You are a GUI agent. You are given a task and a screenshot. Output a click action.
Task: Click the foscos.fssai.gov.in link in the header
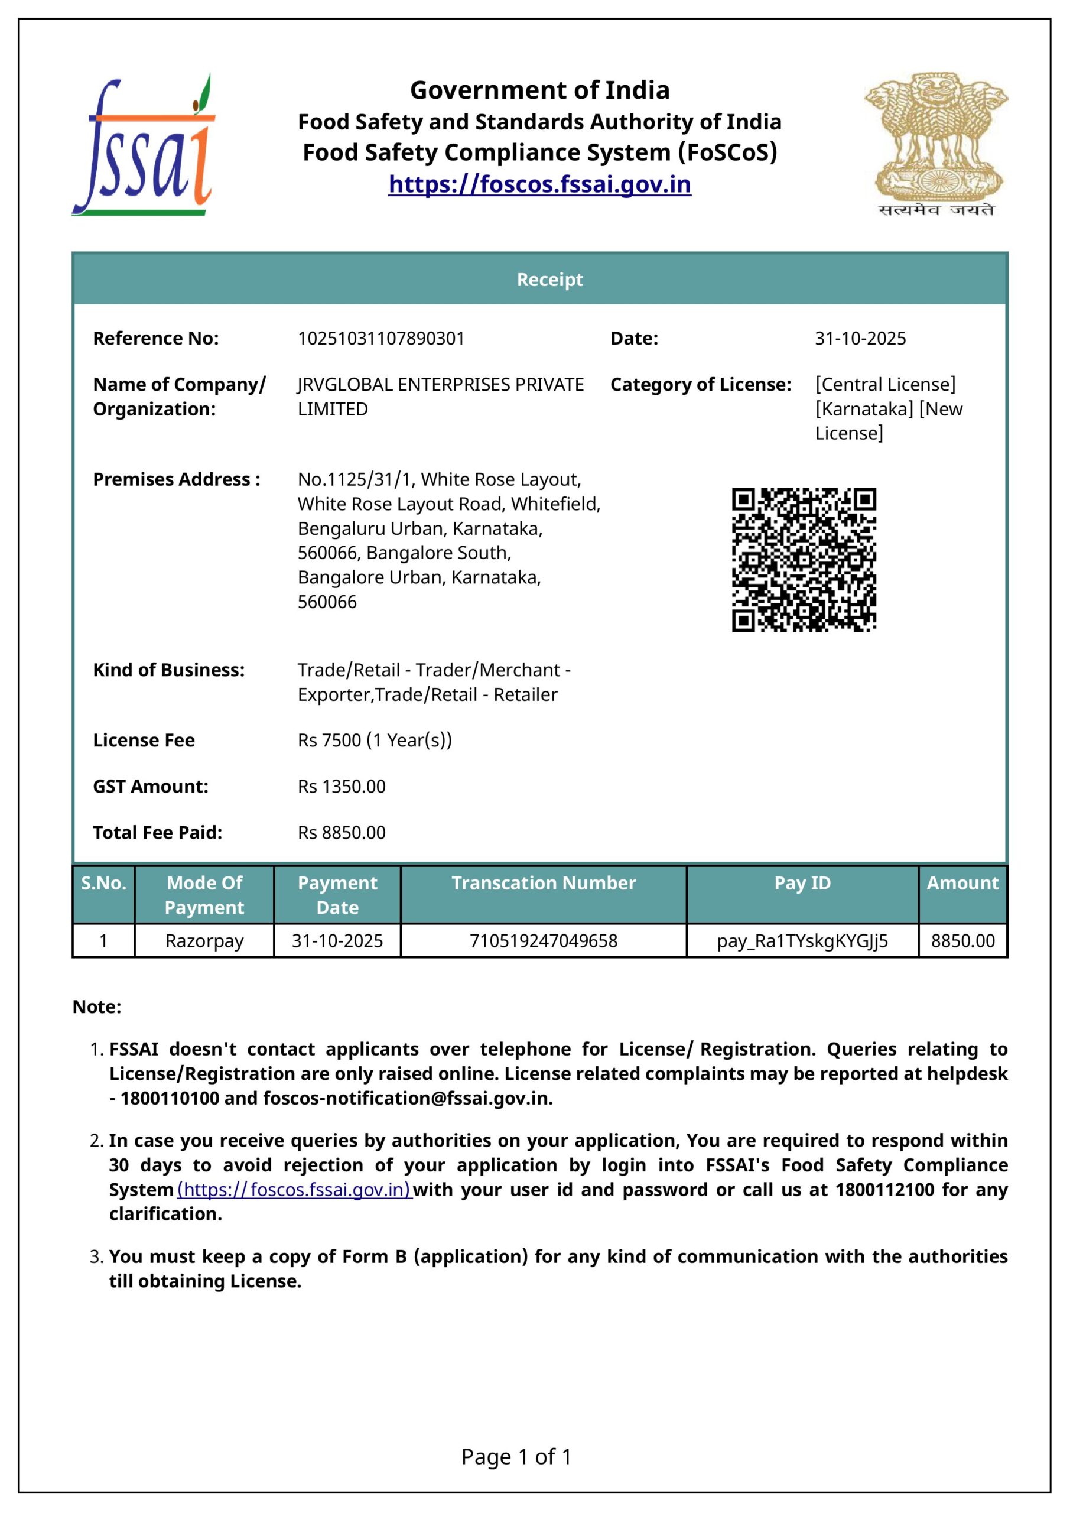(539, 184)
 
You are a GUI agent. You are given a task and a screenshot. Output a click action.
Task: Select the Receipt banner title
(549, 280)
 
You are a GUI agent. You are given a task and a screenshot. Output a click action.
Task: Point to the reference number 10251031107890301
(381, 339)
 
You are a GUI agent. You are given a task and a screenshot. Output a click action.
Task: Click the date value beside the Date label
(860, 339)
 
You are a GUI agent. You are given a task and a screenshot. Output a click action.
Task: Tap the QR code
(804, 560)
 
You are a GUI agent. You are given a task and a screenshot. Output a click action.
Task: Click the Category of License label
(700, 385)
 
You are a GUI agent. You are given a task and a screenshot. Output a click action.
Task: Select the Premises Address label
(177, 480)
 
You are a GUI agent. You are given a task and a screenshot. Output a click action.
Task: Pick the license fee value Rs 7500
(374, 741)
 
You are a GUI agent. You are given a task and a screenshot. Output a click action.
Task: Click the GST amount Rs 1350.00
(342, 787)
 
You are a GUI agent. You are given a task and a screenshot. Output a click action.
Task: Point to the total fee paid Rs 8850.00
(342, 833)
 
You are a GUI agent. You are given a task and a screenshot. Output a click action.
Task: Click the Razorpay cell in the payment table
(204, 941)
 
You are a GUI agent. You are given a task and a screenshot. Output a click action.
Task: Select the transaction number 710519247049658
(544, 941)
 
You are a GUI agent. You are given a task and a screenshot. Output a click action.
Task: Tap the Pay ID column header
(802, 883)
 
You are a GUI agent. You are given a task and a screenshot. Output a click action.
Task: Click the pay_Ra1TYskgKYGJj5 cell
(802, 941)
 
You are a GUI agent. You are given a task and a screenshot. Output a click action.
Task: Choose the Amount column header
(962, 883)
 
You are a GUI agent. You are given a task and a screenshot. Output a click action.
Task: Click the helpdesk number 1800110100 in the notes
(170, 1099)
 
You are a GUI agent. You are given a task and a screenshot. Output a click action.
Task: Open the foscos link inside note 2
(294, 1190)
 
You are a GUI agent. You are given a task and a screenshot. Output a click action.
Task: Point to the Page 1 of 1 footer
(516, 1456)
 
